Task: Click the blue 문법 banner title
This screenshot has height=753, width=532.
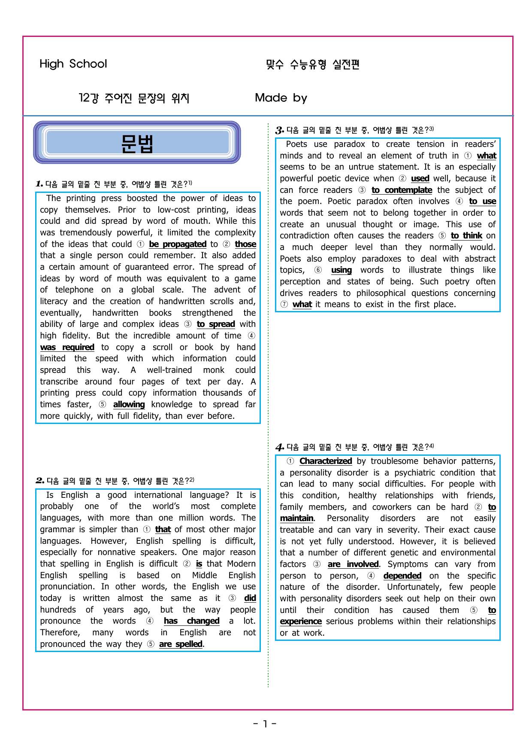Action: point(137,143)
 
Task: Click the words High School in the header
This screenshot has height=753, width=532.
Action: point(73,64)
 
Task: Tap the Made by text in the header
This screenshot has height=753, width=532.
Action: point(281,98)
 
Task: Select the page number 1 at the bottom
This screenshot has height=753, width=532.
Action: point(265,724)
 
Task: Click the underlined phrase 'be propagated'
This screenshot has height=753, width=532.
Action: point(178,244)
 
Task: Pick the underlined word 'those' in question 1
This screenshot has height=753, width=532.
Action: point(245,244)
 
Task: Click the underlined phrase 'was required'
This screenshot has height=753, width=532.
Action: point(67,347)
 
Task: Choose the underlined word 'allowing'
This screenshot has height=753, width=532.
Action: point(129,404)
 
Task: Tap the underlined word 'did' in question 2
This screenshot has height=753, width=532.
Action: point(250,598)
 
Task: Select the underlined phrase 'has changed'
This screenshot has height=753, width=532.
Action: point(191,621)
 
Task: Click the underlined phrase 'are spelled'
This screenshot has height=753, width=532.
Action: point(181,644)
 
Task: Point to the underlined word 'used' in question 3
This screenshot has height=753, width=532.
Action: point(420,178)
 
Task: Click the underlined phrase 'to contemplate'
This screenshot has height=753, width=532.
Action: point(402,190)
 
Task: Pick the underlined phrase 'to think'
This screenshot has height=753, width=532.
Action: point(466,235)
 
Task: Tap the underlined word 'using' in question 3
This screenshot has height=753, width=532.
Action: point(342,270)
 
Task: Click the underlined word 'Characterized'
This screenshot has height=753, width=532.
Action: point(326,461)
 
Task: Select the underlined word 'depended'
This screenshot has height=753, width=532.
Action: point(402,576)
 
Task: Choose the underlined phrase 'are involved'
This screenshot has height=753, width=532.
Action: point(353,564)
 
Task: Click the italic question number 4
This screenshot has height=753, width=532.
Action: point(279,447)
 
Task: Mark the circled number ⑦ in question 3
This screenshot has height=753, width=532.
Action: point(284,304)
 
